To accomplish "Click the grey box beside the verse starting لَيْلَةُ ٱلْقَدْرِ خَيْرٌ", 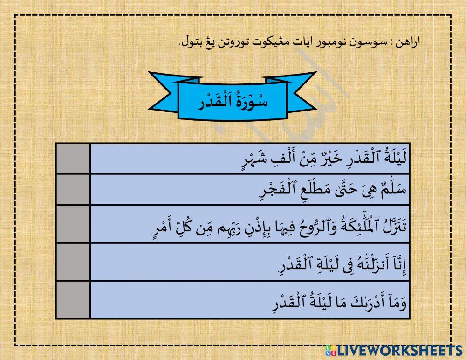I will point(73,159).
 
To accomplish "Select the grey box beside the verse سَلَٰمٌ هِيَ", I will point(73,189).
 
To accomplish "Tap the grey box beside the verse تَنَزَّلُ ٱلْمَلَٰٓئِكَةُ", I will point(73,224).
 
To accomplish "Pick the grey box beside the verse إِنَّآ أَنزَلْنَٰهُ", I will point(73,262).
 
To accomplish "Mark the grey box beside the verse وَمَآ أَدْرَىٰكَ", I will point(73,300).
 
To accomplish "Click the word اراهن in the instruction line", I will point(410,42).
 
